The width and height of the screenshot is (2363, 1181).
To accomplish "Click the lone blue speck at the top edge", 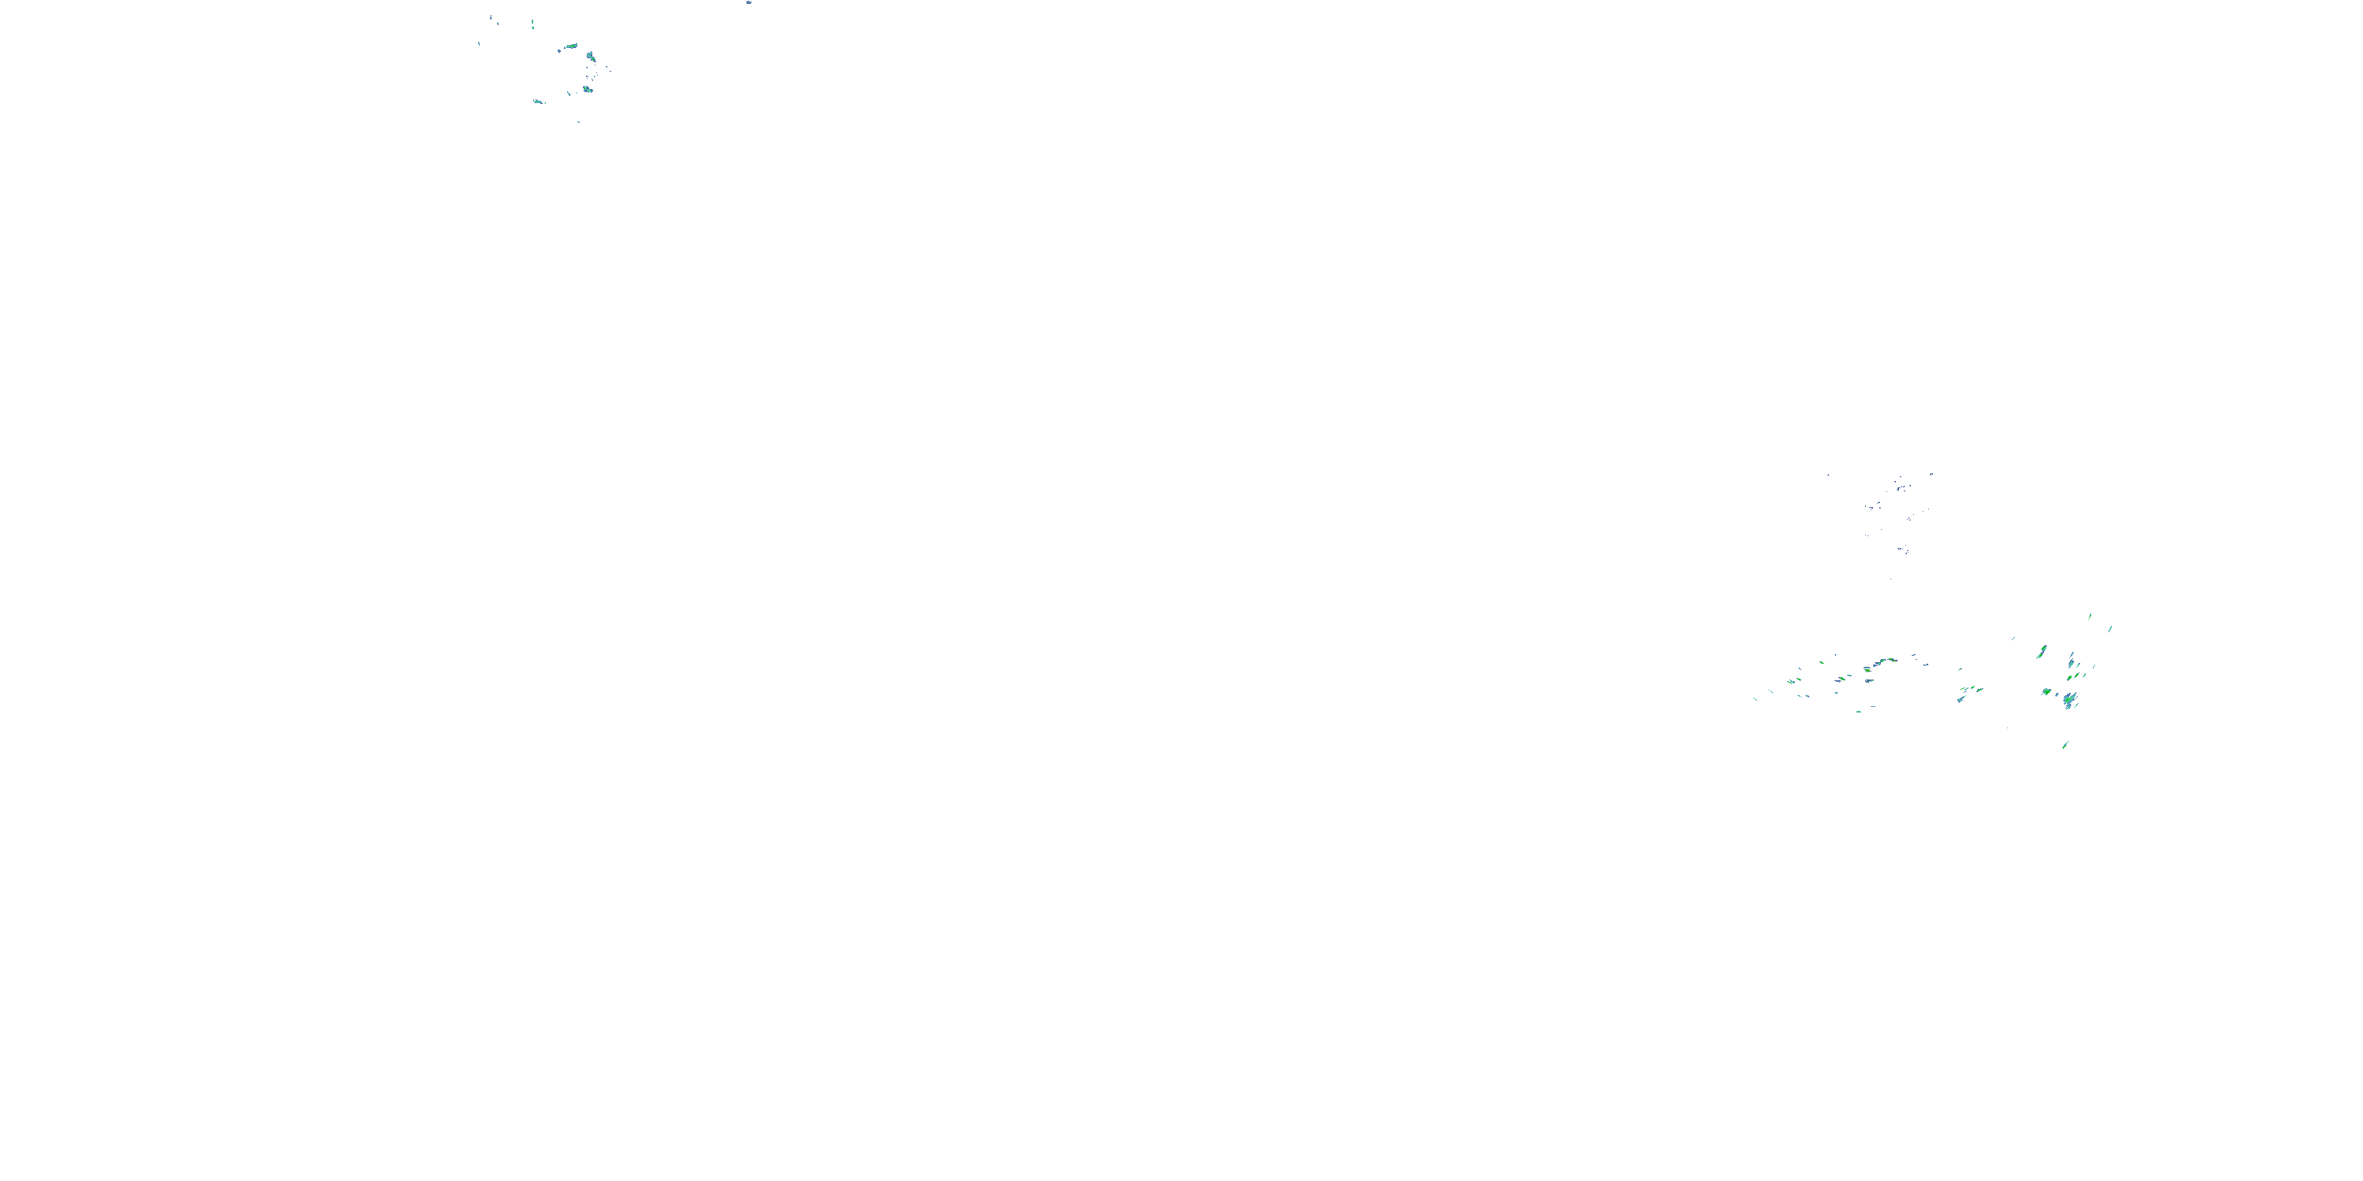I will pos(748,2).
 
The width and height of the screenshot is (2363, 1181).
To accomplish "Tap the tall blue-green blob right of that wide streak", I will pos(592,57).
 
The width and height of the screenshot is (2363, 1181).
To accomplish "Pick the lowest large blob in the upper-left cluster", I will pos(587,89).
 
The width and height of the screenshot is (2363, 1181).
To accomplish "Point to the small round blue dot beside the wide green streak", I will pos(558,50).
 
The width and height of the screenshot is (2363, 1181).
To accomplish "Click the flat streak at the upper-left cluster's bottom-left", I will pos(539,101).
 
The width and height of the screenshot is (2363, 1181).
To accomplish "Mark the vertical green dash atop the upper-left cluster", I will pos(532,23).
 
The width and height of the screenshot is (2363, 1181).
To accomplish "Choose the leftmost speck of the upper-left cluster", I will pos(479,43).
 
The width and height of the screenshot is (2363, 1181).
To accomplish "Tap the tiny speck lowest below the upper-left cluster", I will pos(578,121).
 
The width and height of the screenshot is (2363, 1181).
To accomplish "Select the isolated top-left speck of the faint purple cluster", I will pos(1828,474).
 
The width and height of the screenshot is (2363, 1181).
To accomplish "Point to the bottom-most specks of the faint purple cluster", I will pos(1902,550).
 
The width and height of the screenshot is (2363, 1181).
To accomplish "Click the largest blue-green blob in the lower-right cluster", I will pos(2068,701).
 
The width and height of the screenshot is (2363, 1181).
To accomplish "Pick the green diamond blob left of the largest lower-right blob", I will pos(2046,691).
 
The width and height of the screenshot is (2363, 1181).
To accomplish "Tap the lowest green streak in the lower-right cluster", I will pos(2065,745).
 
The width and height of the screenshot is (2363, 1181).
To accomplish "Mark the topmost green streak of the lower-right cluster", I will pos(2090,616).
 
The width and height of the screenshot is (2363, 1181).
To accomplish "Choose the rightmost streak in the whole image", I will pos(2110,629).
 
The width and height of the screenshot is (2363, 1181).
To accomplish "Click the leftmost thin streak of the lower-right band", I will pos(1755,698).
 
